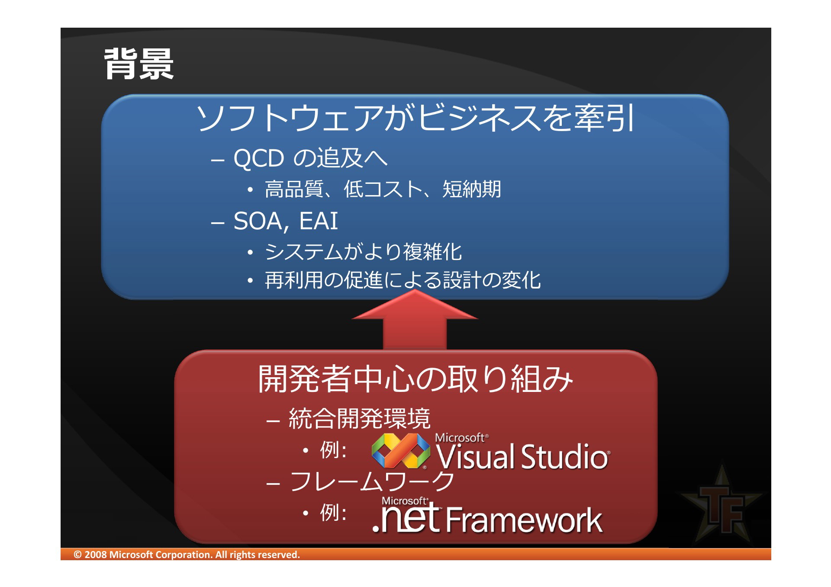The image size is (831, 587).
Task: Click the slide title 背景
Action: click(139, 64)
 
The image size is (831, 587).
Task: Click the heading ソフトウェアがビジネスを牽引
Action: click(415, 118)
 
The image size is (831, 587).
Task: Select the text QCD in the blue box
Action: click(258, 158)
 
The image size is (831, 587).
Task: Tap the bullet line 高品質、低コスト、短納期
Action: click(383, 189)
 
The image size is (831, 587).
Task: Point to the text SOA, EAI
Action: click(285, 221)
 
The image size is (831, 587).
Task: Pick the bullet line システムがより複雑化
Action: click(363, 252)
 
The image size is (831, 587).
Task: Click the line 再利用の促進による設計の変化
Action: click(403, 280)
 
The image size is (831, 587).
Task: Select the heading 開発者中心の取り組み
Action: click(415, 379)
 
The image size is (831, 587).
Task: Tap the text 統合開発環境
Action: click(359, 418)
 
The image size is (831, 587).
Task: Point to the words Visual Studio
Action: click(522, 457)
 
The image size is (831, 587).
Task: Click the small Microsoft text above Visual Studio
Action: click(460, 438)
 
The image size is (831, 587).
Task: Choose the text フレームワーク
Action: click(372, 481)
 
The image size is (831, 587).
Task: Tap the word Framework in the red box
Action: click(524, 520)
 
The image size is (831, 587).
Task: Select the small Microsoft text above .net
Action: click(404, 501)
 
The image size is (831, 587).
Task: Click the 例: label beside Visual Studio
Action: click(333, 450)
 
